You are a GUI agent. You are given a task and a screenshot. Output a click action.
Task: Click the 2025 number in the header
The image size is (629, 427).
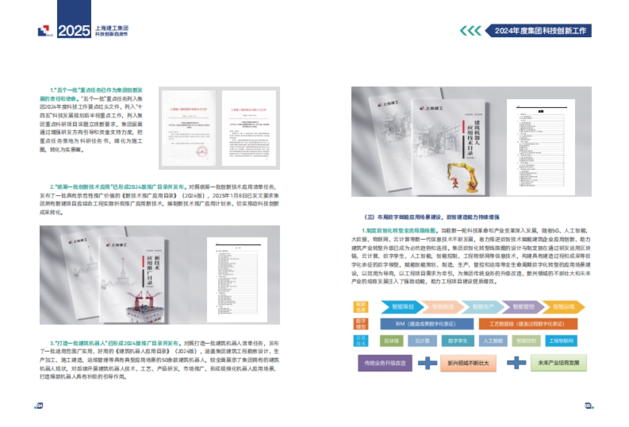pos(74,31)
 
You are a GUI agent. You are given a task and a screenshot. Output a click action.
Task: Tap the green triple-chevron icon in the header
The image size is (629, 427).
pos(471,30)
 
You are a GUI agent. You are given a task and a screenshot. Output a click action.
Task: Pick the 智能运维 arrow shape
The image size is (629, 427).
pos(562,307)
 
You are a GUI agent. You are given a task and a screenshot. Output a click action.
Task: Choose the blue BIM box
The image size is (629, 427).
pos(426,324)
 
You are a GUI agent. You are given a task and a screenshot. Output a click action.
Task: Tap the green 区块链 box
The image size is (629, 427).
pos(392,340)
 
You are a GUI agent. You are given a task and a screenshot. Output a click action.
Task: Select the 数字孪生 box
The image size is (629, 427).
pos(458,340)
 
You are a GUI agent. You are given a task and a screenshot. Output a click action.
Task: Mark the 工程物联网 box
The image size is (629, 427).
pos(561,340)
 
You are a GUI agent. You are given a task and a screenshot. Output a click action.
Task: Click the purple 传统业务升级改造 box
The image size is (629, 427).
pos(384,362)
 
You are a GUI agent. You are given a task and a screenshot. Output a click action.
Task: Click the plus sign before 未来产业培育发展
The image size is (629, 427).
pos(516,362)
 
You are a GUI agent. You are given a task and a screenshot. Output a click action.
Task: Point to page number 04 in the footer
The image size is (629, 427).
pos(38,405)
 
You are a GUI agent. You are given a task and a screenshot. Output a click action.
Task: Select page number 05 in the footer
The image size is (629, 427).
pos(588,405)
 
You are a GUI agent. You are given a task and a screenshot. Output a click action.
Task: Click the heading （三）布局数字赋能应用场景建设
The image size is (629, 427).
pos(432,217)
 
